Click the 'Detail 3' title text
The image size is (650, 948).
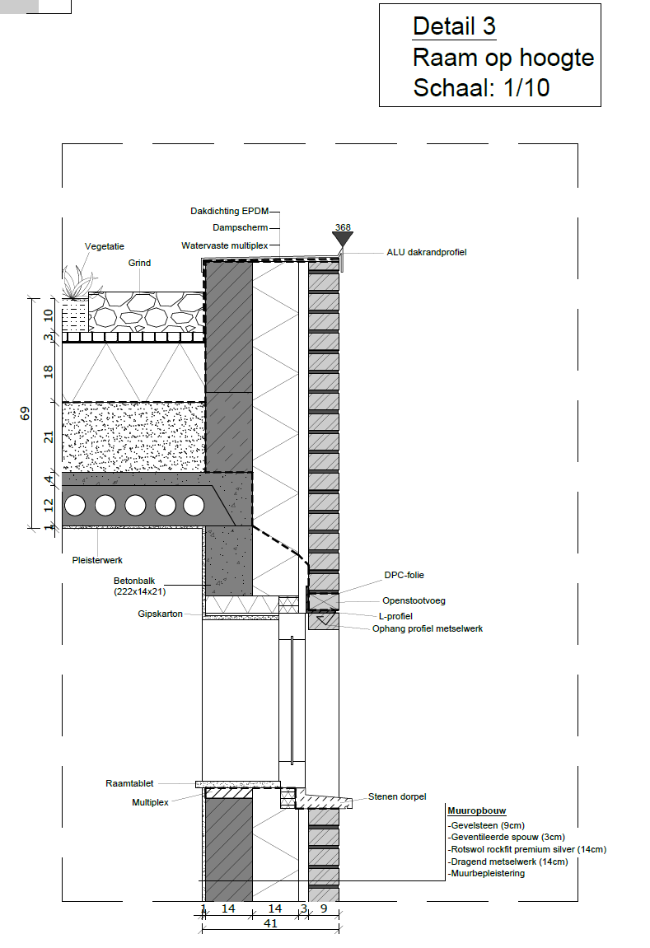454,26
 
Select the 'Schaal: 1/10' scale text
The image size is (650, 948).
481,87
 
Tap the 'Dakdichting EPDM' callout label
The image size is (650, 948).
229,211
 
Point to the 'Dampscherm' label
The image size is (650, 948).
240,228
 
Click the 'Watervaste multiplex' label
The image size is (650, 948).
224,245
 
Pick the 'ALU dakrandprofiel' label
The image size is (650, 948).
426,252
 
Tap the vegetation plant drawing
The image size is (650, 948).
77,283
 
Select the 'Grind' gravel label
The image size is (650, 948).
139,263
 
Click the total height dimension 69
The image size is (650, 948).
24,413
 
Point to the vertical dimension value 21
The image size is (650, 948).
49,437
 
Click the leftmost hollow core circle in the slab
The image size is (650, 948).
75,506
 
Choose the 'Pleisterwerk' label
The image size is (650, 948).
97,560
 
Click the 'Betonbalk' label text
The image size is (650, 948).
134,581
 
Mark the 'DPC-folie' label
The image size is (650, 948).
404,575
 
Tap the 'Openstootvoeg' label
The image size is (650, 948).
414,601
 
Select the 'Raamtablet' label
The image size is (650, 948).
129,783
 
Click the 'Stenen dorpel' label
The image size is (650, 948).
397,796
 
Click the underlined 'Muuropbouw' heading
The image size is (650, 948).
476,810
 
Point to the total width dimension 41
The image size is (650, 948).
270,924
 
